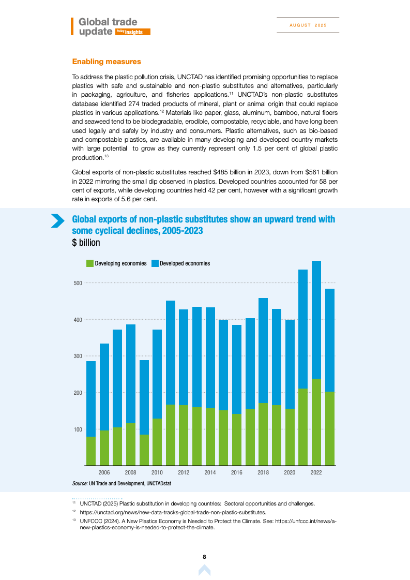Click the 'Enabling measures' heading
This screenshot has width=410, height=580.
[107, 62]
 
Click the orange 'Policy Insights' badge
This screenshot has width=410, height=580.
[133, 32]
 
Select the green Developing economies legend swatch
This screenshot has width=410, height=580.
[89, 263]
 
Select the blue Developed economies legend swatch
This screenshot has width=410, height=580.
[155, 263]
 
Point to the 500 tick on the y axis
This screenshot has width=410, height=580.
[78, 283]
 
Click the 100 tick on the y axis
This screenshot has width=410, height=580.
[78, 429]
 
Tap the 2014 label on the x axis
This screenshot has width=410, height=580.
[210, 473]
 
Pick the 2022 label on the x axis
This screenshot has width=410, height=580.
[316, 473]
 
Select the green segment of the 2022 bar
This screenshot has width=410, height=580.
[316, 422]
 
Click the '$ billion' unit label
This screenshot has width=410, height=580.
[86, 243]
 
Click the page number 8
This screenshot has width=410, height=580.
[205, 557]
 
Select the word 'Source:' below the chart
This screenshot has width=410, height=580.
[80, 483]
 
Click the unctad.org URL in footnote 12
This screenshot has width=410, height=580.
[173, 512]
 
